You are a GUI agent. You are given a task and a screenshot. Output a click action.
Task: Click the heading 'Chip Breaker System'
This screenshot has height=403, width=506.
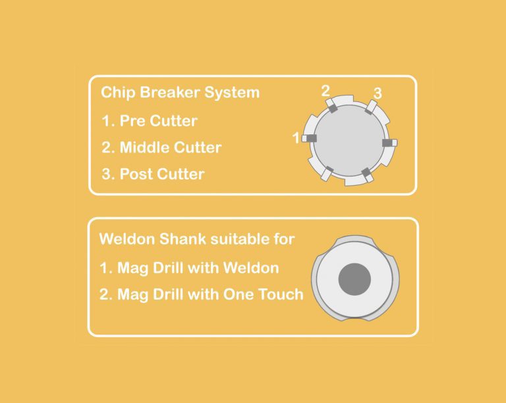point(180,93)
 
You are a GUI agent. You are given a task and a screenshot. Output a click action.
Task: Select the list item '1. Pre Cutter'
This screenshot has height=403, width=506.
point(149,121)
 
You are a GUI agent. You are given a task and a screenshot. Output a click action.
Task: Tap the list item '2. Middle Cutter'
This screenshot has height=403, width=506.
point(161,148)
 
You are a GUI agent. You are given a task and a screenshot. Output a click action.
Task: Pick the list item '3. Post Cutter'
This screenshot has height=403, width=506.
point(153,174)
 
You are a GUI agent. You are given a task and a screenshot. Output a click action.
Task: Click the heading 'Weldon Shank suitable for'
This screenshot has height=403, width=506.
point(197,239)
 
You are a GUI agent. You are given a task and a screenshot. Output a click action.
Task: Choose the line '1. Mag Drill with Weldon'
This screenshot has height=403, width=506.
point(189,268)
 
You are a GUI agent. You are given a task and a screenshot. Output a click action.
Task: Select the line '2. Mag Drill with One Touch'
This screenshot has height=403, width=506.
point(202,294)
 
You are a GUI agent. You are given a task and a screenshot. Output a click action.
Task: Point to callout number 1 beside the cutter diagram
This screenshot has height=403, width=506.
point(296,138)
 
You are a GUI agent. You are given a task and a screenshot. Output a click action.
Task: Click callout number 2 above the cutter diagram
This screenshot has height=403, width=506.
point(325,91)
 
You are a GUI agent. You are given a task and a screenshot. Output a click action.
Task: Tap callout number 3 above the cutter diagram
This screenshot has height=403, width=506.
point(378,93)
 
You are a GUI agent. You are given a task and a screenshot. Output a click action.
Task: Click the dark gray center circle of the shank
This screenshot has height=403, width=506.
point(354,279)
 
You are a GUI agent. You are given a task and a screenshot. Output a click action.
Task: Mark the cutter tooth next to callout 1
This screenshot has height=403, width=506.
point(309,138)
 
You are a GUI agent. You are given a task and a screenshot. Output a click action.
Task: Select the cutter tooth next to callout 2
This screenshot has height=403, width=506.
point(331,105)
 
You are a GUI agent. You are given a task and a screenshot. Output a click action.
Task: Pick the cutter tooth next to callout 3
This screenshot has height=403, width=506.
point(371,107)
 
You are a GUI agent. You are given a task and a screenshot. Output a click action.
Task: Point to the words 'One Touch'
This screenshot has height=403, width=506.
point(264,294)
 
